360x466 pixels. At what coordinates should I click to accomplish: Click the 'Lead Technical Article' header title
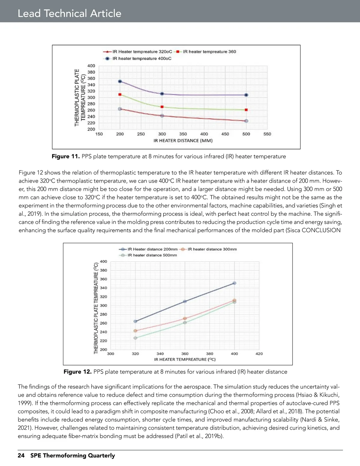click(x=69, y=13)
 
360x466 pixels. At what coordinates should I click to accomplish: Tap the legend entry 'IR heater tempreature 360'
click(x=209, y=52)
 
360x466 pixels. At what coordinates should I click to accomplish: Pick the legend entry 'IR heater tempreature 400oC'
click(x=142, y=59)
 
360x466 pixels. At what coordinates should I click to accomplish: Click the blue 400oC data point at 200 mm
click(x=120, y=81)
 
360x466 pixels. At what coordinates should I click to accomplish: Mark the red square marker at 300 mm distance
click(x=162, y=107)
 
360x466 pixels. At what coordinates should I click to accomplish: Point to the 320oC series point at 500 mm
click(x=246, y=121)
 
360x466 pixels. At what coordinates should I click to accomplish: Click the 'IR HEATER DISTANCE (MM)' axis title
click(x=183, y=140)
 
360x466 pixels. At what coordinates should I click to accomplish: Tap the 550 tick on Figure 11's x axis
click(x=267, y=134)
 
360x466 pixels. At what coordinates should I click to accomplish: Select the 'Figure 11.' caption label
click(x=66, y=156)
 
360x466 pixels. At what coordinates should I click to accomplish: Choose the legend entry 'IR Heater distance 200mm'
click(x=152, y=249)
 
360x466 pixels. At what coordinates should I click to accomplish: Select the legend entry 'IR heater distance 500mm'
click(x=152, y=255)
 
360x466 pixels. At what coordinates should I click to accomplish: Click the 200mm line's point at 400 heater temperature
click(x=234, y=283)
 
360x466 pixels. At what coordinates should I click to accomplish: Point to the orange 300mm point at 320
click(x=135, y=331)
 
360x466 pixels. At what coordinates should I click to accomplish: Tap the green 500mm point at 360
click(x=185, y=323)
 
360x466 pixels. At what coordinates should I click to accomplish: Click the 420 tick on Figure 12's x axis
click(x=259, y=354)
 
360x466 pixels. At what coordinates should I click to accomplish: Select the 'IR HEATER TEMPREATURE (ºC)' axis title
click(x=185, y=359)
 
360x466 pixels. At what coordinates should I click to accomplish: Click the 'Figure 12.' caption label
click(x=77, y=372)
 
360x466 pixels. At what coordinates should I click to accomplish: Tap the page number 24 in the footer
click(x=21, y=455)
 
